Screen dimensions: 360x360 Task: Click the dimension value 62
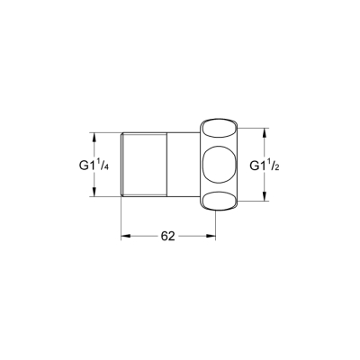(167, 236)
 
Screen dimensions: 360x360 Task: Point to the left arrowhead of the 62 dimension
(126, 236)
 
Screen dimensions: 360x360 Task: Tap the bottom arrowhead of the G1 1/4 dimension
(94, 194)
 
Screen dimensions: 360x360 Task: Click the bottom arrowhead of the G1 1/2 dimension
(264, 202)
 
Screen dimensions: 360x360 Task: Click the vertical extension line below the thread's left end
(121, 220)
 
